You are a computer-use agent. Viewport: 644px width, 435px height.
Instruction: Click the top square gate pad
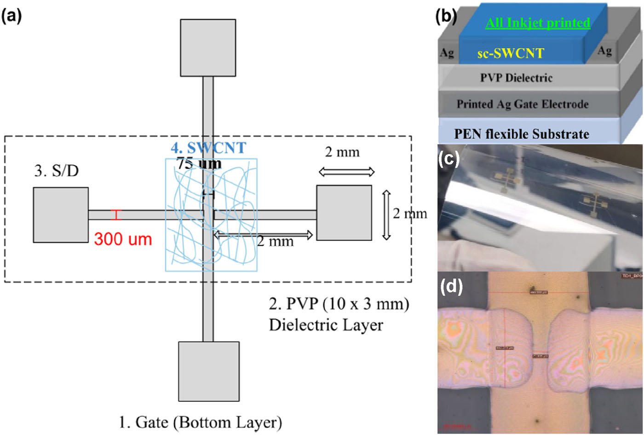pos(208,47)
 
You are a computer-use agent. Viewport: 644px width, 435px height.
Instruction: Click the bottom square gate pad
pos(209,371)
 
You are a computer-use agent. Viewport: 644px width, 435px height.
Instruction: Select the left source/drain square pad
pos(61,215)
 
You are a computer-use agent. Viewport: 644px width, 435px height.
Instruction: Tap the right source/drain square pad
pos(344,212)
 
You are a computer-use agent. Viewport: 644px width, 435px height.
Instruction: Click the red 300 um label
pos(123,239)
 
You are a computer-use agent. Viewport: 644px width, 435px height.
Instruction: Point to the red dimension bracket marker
pos(116,215)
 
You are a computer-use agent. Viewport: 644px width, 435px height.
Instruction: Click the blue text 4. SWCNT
pos(208,148)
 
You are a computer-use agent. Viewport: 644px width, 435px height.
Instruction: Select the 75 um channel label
pos(199,163)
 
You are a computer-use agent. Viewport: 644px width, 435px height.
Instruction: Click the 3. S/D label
pos(57,171)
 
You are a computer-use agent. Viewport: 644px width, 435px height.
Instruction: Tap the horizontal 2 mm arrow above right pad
pos(346,172)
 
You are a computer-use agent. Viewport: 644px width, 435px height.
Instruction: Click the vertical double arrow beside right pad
pos(386,215)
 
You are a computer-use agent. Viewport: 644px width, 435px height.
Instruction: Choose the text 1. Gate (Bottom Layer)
pos(200,422)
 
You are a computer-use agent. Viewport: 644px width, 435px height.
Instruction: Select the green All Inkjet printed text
pos(537,23)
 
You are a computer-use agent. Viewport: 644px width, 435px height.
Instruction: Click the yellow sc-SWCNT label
pos(511,53)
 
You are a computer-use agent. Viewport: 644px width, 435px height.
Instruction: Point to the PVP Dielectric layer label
pos(516,77)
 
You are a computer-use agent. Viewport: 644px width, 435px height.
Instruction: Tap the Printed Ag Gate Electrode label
pos(523,104)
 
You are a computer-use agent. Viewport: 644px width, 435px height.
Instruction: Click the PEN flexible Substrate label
pos(522,134)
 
